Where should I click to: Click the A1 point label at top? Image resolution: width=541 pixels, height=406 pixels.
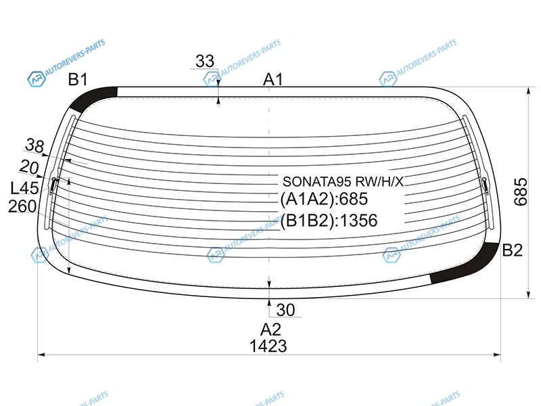coord(273,80)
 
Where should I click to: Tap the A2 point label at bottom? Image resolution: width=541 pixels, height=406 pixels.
coord(271,330)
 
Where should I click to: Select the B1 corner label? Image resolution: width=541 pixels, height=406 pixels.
coord(78,80)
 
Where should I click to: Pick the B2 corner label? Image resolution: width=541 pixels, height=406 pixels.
coord(513,250)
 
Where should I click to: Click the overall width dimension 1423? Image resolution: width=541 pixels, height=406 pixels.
coord(268,346)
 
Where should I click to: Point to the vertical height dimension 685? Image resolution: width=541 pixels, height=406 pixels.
coord(521,192)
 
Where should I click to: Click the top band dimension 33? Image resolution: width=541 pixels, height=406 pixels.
coord(205,62)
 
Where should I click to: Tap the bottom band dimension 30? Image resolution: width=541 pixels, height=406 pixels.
coord(285,310)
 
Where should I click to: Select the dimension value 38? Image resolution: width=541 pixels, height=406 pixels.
coord(35,145)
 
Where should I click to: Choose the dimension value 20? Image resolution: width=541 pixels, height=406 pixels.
coord(29,167)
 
